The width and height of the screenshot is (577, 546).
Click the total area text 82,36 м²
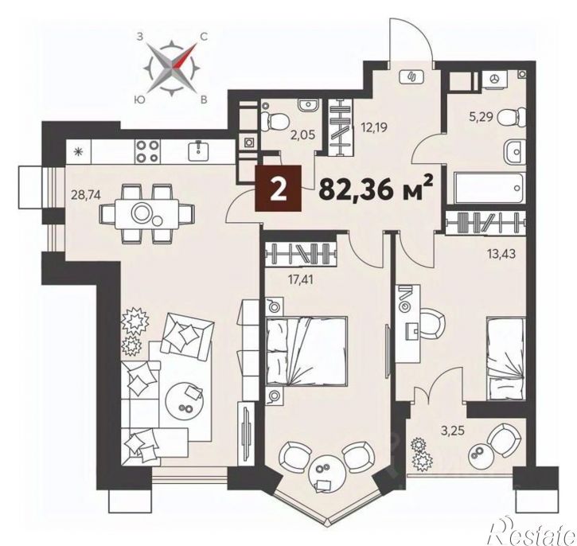(x=376, y=189)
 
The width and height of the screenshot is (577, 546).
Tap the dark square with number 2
(x=279, y=189)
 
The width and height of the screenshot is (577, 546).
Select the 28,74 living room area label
(x=86, y=195)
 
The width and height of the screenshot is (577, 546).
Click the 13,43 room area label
(x=501, y=253)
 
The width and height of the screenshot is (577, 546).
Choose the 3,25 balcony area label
(x=453, y=430)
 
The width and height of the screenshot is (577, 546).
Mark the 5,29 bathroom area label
(x=481, y=119)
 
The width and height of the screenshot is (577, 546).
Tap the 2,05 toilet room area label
(x=304, y=135)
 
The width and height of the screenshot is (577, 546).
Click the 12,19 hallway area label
(x=375, y=127)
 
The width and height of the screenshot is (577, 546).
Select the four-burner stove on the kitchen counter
(x=147, y=151)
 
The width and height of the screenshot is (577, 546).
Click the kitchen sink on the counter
(x=199, y=151)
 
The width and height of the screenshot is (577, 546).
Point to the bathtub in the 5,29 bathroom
(x=488, y=188)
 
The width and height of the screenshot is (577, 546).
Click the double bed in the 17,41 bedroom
(x=306, y=351)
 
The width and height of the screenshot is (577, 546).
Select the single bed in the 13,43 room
(x=505, y=359)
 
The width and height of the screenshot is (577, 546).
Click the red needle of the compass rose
(x=185, y=57)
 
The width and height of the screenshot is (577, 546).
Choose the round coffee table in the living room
(x=184, y=400)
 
